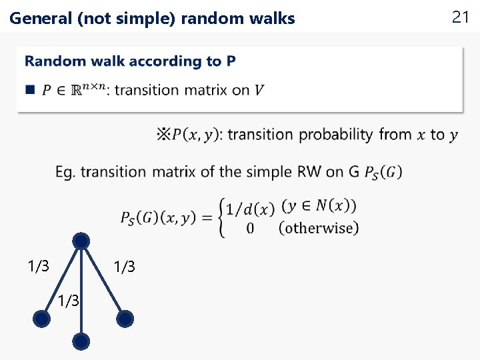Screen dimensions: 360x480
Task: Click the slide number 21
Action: coord(461,17)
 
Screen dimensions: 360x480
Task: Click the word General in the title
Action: coord(41,19)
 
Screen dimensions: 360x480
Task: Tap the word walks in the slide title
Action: coord(273,19)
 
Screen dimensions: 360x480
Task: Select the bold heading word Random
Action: coord(55,61)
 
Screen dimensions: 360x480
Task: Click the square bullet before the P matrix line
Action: coord(29,89)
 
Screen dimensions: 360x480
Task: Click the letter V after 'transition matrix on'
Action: coord(259,90)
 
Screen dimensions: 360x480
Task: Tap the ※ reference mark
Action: coord(163,135)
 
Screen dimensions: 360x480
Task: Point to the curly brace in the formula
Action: coord(221,217)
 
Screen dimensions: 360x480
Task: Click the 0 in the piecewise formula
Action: coord(250,229)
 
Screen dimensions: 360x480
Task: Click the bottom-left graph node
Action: coord(41,320)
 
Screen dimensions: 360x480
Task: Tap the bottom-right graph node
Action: coord(125,319)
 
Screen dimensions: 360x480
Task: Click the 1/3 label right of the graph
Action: coord(124,267)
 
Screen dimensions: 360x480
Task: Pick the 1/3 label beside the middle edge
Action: coord(68,301)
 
